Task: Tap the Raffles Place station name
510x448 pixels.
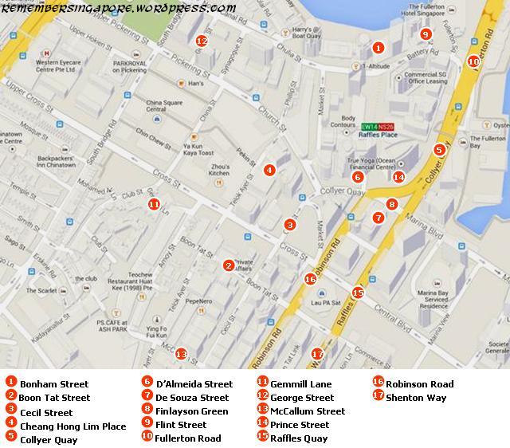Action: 379,136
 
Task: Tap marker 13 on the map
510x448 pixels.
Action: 181,354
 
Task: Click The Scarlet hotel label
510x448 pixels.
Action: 43,291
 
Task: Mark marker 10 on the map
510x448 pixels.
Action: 473,61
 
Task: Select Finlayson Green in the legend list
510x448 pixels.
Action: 180,411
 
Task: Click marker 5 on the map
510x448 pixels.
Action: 439,149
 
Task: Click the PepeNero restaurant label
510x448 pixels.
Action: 198,301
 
